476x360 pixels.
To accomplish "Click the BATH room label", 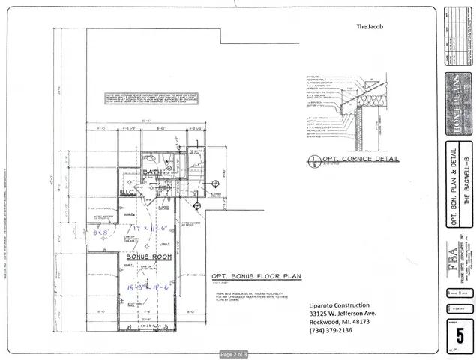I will point(152,173).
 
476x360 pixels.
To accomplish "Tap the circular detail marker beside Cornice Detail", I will point(313,160).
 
